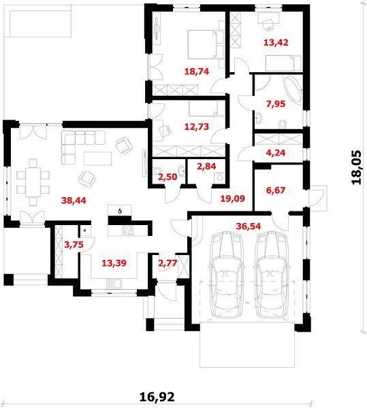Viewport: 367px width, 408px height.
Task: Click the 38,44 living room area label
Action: tap(74, 201)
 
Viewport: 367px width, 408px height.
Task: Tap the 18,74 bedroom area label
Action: tap(197, 71)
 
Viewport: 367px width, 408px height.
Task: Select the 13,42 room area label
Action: tap(276, 42)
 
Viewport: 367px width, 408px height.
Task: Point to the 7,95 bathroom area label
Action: tap(276, 104)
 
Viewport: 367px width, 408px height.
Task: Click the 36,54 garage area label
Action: tap(249, 226)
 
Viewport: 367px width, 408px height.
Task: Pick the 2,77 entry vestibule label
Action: tap(167, 263)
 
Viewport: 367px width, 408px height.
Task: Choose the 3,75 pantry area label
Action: tap(74, 245)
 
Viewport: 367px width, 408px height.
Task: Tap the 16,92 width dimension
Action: tap(157, 397)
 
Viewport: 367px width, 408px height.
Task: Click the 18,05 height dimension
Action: tap(357, 167)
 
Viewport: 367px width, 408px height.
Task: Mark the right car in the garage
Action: tap(272, 275)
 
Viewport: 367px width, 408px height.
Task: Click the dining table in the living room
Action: tap(33, 182)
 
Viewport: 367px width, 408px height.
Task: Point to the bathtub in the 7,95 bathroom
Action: tap(293, 89)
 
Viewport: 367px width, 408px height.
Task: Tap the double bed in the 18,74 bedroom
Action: tap(202, 44)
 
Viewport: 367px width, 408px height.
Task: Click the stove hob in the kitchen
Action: tap(127, 231)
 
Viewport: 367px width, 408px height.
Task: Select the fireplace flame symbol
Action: tap(120, 211)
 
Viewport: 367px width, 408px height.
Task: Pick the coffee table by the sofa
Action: tap(97, 158)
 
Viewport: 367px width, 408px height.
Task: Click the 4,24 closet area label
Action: tap(276, 153)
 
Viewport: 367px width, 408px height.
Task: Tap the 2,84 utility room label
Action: tap(206, 166)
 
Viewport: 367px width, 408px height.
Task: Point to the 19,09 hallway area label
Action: tap(233, 199)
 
